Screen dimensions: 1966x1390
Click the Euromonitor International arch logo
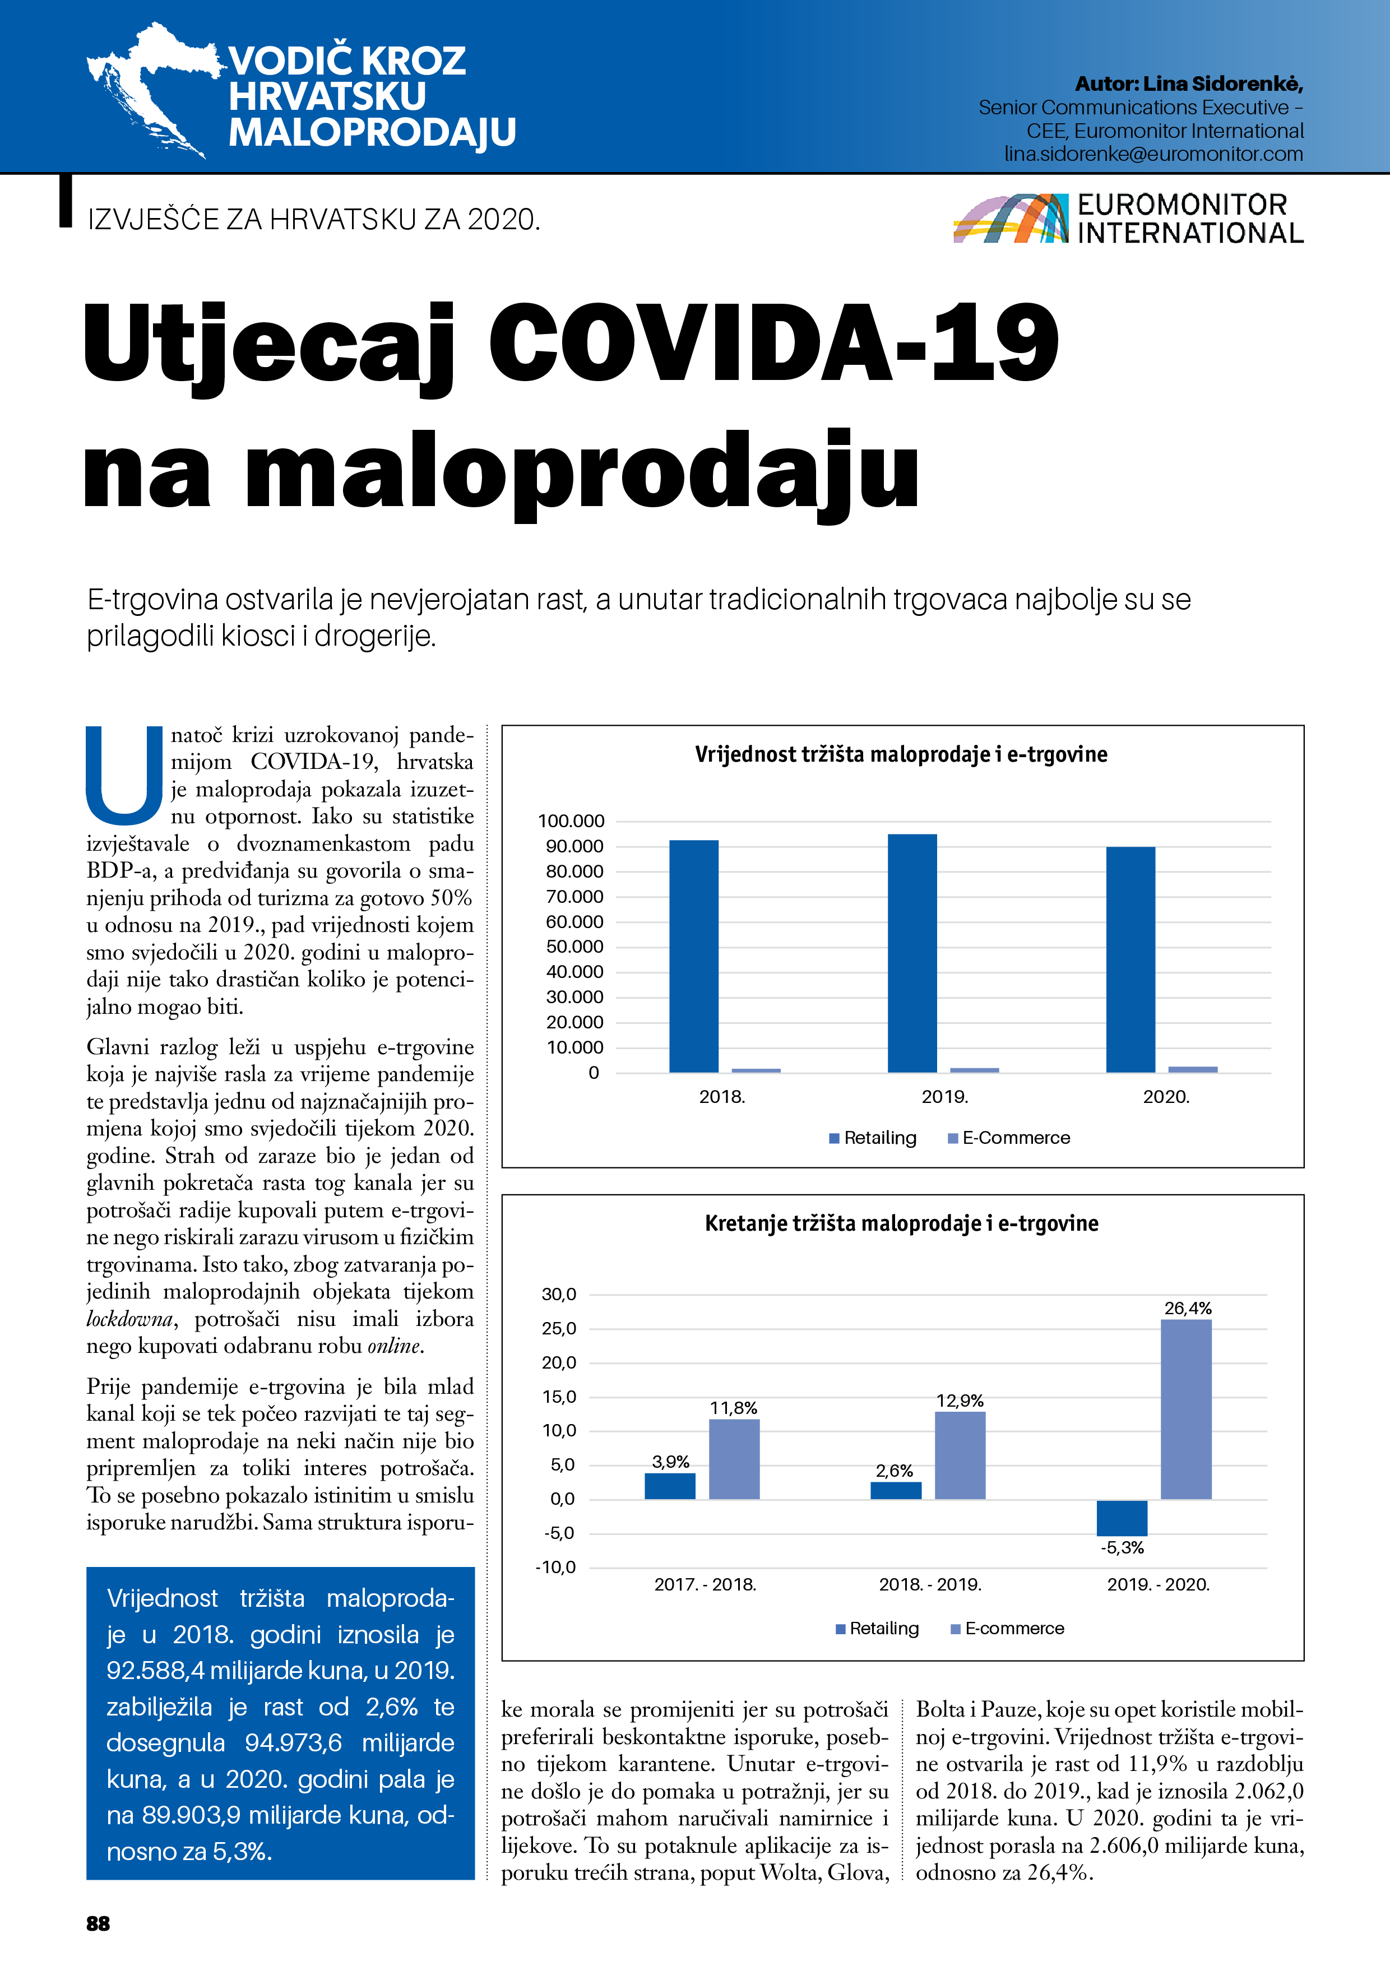point(1011,219)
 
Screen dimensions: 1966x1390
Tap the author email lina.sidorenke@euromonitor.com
point(1153,154)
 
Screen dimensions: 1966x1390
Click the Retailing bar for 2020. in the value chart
point(1130,959)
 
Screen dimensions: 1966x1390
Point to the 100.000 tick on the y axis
point(571,821)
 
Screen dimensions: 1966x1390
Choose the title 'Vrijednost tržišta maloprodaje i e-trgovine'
point(901,754)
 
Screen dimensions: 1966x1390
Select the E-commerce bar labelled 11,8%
point(734,1459)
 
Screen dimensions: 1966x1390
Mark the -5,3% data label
point(1122,1548)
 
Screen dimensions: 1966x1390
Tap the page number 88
point(99,1924)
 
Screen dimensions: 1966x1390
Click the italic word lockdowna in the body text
point(129,1319)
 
